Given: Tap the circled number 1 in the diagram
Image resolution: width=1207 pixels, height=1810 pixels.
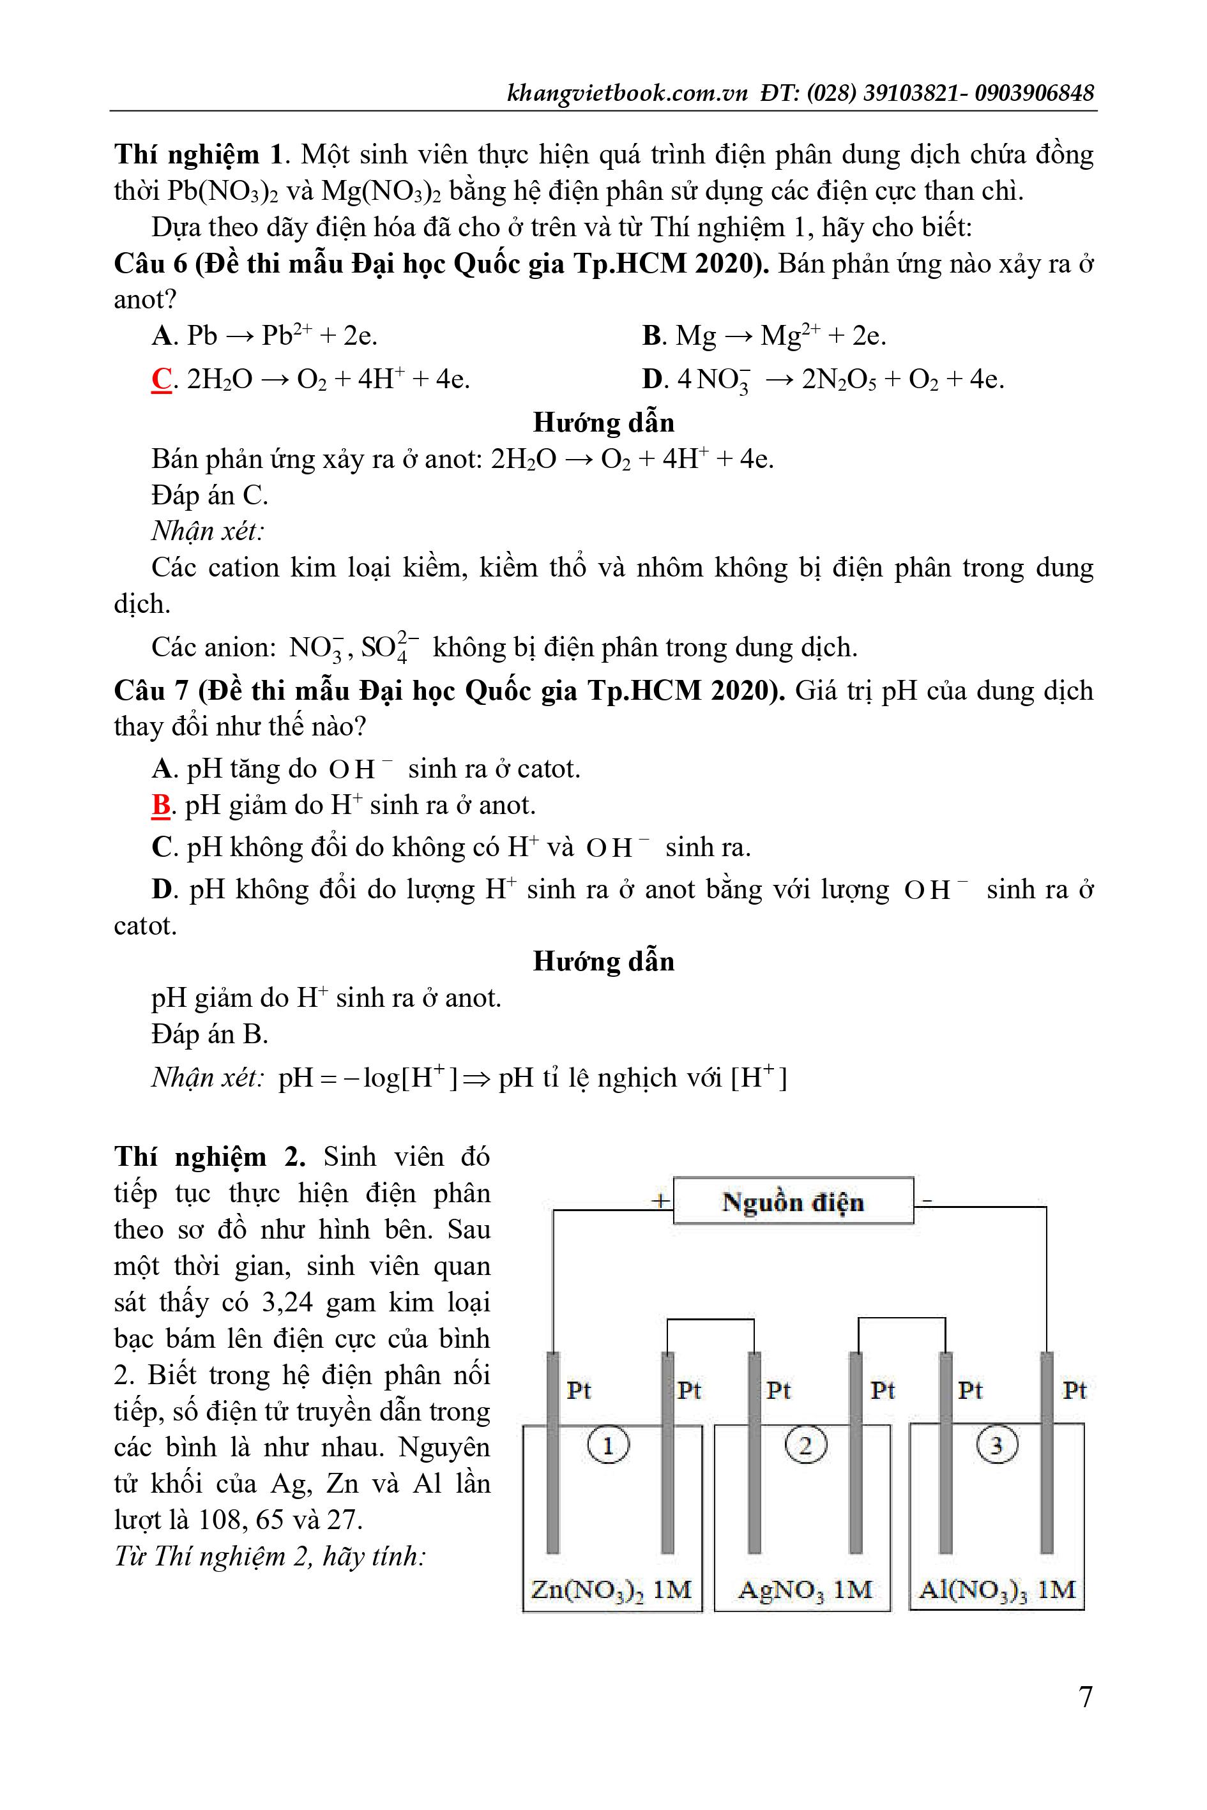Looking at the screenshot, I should [x=608, y=1446].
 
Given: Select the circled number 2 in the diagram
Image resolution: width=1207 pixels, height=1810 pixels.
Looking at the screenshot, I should [x=805, y=1446].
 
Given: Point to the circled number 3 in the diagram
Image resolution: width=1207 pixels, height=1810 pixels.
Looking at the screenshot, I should [x=997, y=1446].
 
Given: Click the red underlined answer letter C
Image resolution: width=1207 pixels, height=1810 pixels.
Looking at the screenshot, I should [x=162, y=379].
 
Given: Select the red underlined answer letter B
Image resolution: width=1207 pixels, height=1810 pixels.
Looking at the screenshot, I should [x=161, y=805].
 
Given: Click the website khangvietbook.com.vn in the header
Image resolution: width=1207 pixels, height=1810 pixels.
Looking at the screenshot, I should [x=627, y=93].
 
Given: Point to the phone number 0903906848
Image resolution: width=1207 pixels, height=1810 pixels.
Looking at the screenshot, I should [x=1034, y=93].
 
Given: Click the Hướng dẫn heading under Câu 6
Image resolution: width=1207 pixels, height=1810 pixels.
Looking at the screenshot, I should [x=603, y=423].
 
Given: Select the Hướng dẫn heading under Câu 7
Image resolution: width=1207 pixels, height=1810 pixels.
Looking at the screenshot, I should [x=603, y=961].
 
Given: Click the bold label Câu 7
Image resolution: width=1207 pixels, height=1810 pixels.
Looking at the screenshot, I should [x=151, y=690].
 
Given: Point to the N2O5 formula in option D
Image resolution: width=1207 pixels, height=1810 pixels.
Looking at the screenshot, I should [x=839, y=380].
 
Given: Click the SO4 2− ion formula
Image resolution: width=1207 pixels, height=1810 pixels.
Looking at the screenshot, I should [x=390, y=647].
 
